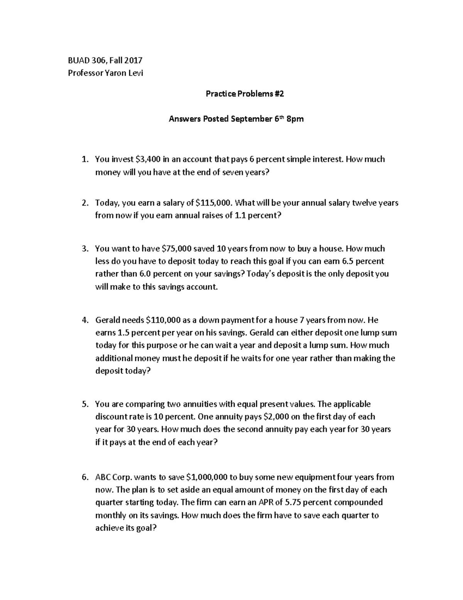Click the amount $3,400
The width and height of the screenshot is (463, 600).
[x=148, y=159]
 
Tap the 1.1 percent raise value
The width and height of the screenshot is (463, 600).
[x=240, y=216]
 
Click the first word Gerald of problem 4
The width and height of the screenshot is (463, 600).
[x=107, y=320]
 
